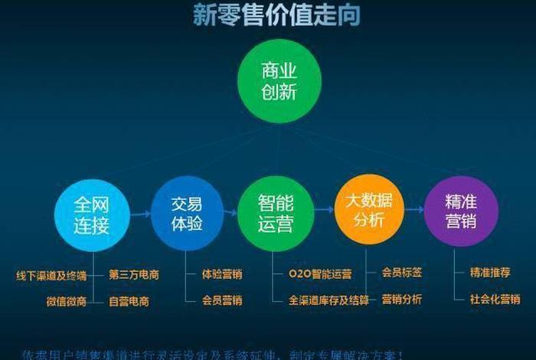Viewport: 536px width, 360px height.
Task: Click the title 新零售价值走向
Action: point(266,15)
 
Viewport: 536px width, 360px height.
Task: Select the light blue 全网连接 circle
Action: point(92,214)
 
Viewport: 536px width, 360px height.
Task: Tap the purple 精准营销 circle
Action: point(461,211)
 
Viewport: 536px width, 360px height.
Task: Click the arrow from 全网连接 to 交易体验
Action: point(140,214)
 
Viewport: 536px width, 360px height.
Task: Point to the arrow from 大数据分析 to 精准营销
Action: point(414,210)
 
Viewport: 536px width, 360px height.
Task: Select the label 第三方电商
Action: point(134,274)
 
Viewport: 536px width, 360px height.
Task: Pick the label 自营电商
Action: point(129,301)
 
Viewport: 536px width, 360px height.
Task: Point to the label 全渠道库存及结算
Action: point(328,299)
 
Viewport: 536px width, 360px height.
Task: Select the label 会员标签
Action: point(402,272)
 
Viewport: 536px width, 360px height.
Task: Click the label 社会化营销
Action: point(495,299)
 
